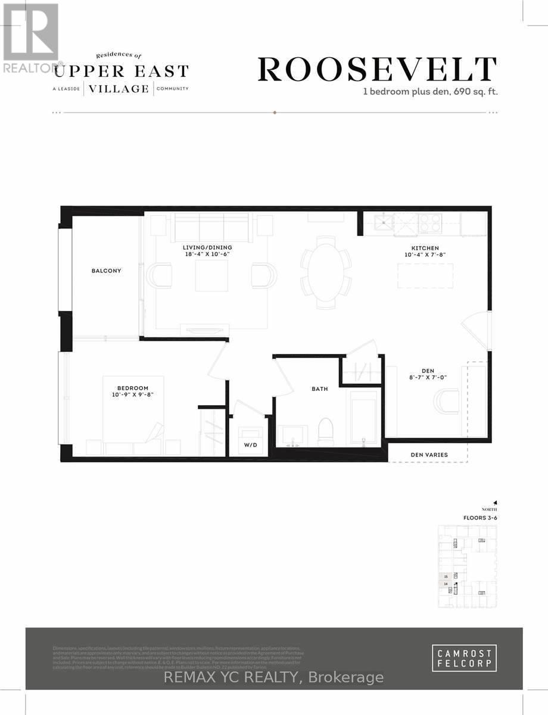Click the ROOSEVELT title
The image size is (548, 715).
coord(377,70)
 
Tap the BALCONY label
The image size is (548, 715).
coord(107,271)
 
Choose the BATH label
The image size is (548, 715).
coord(320,388)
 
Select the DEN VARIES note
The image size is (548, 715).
coord(428,455)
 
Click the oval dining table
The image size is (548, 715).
coord(325,271)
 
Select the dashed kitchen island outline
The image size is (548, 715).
coord(421,275)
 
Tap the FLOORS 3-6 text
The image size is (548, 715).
coord(479,517)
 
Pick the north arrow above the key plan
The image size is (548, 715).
coord(494,502)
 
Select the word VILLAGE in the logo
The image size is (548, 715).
coord(119,89)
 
